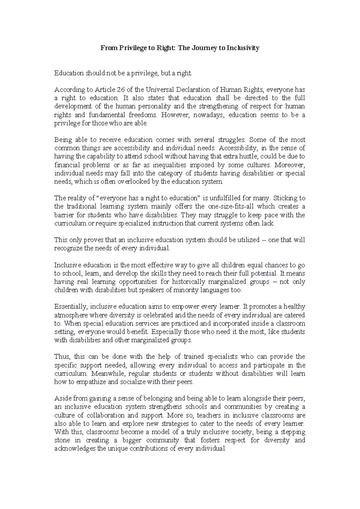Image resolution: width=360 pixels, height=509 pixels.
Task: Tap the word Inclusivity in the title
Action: point(243,48)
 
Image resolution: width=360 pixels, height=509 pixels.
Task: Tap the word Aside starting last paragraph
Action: point(62,399)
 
